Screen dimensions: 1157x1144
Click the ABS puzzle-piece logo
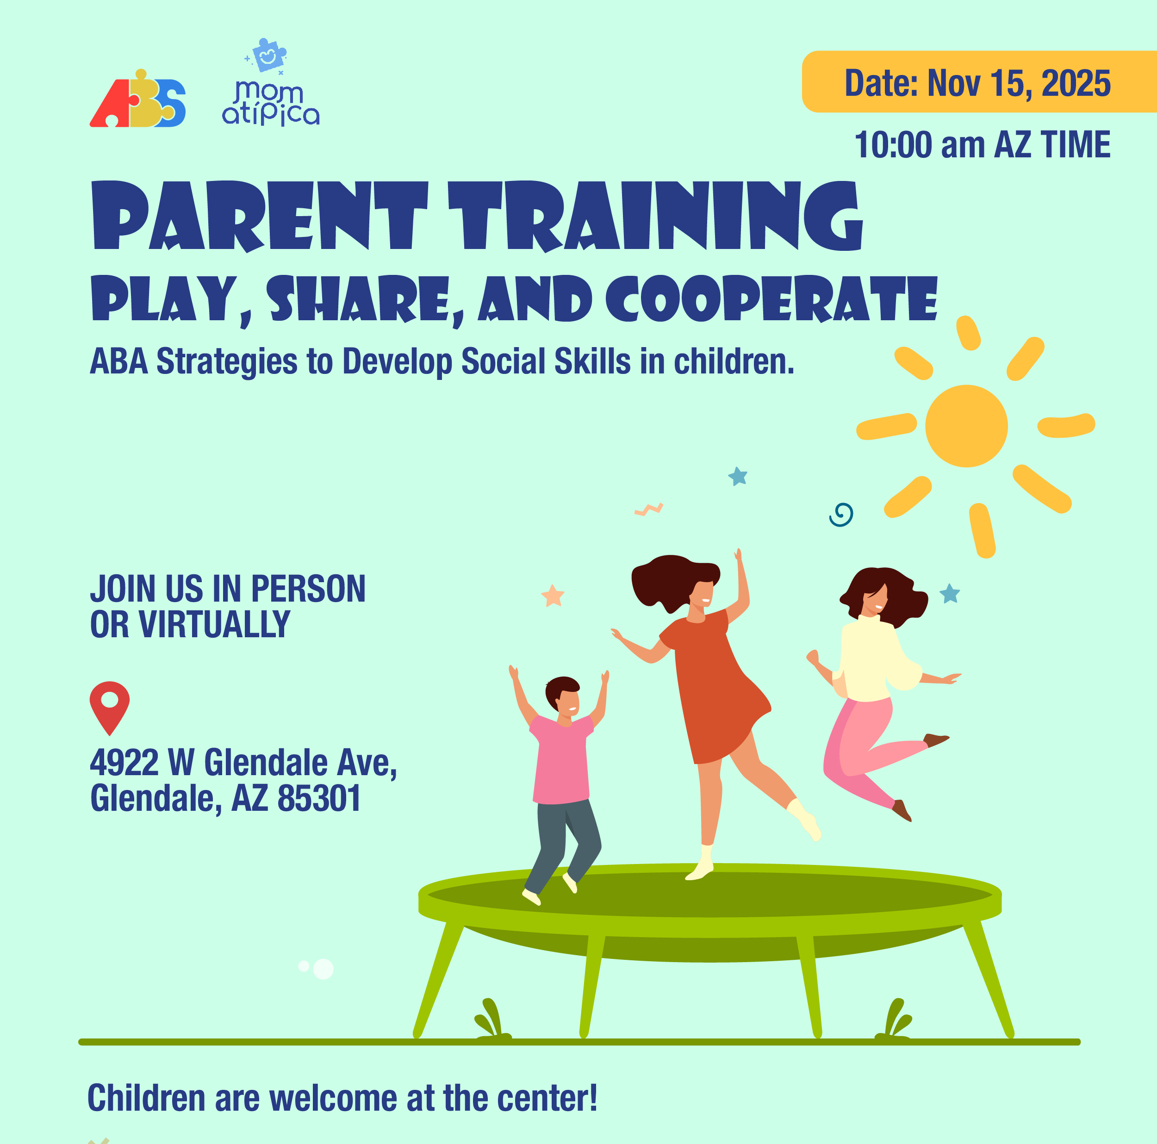[138, 99]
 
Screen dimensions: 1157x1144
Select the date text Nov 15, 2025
[1019, 83]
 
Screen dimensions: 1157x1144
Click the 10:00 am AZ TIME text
[982, 144]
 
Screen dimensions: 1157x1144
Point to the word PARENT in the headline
[261, 216]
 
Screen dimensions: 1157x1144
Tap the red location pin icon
[110, 707]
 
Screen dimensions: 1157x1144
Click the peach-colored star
[553, 595]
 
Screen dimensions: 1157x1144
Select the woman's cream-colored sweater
[877, 659]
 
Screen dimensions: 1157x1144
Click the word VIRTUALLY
[214, 624]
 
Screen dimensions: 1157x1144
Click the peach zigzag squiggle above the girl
[648, 509]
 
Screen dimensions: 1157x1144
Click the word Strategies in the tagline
[226, 362]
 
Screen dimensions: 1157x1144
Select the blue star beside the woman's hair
[950, 594]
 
